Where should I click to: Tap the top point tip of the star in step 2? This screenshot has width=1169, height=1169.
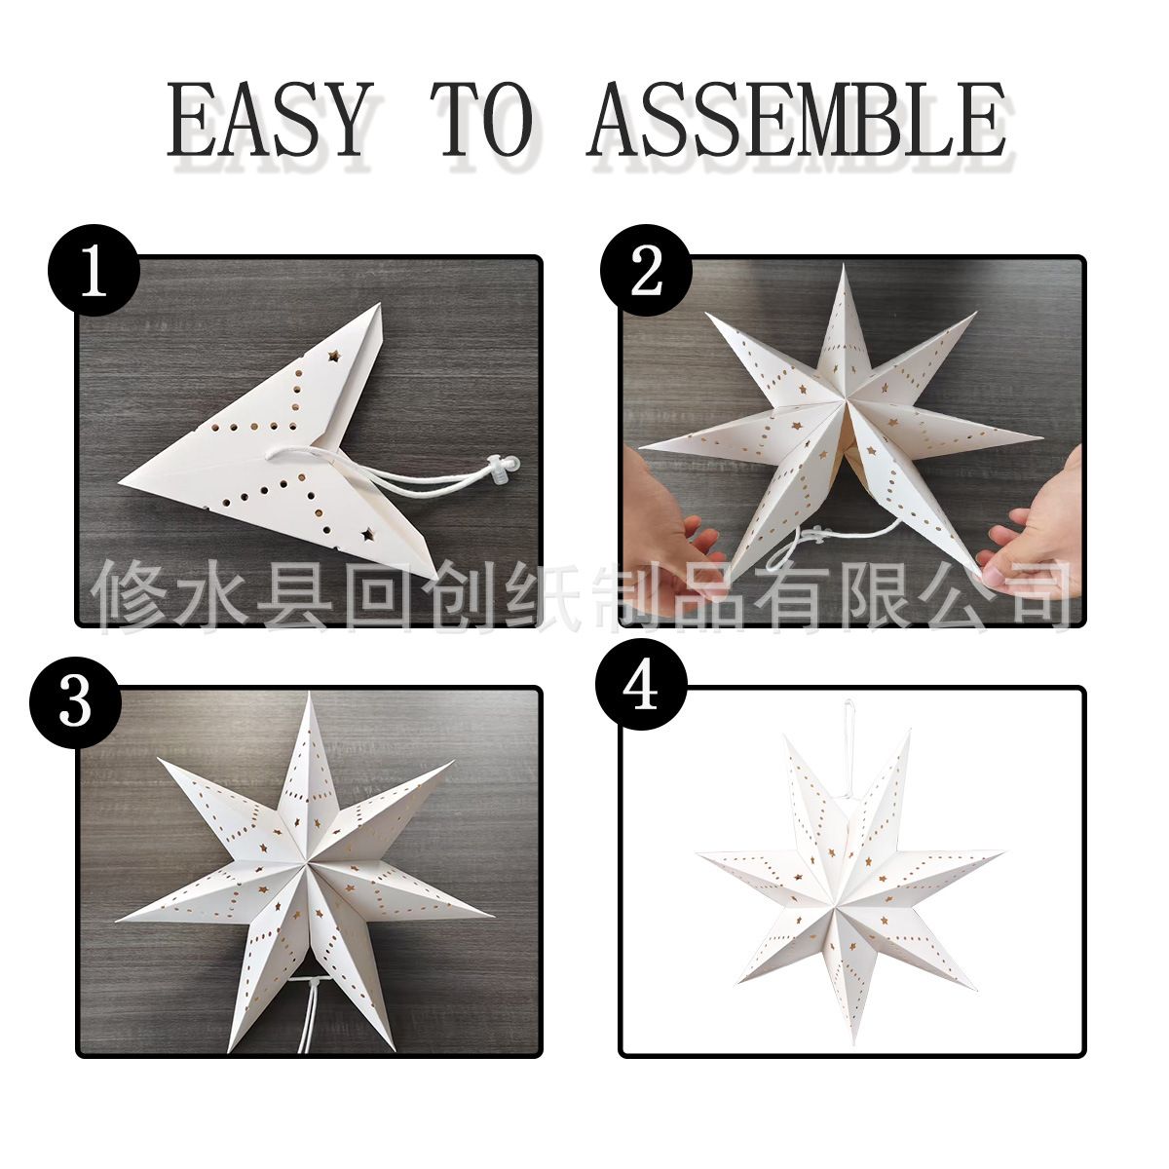click(x=844, y=266)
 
